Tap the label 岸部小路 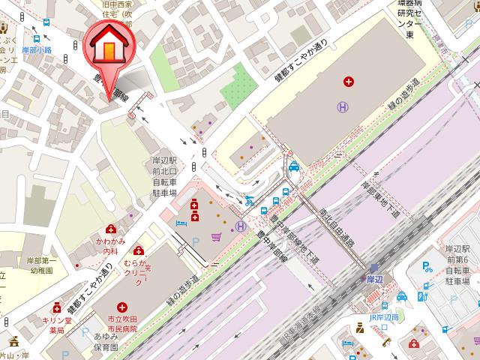tap(37, 49)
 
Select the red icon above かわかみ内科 tap(111, 229)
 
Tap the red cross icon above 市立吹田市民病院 tap(121, 307)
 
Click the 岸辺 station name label tap(375, 279)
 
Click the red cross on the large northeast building tap(348, 81)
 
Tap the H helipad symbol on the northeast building tap(342, 108)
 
